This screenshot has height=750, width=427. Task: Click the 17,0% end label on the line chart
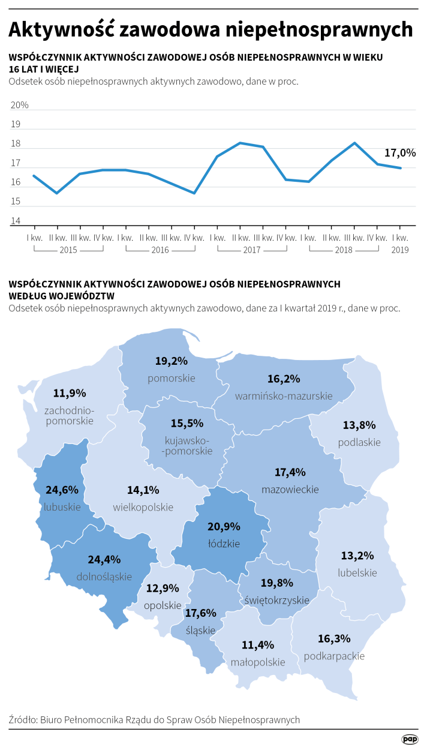coord(399,153)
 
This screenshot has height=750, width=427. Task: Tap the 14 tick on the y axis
coord(16,221)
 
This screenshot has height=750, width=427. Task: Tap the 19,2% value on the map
coord(172,361)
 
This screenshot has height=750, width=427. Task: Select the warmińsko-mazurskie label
coord(284,396)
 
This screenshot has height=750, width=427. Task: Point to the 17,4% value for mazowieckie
coord(290,472)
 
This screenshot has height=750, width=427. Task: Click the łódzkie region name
coord(224,544)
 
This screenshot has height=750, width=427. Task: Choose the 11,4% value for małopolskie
coord(257,645)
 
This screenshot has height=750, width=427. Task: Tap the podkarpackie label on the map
coord(334,656)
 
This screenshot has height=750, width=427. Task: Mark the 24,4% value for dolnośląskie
coord(104,559)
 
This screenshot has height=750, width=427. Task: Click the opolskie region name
coord(163,605)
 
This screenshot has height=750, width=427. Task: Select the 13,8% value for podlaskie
coord(359,425)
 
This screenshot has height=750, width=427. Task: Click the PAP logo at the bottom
coord(410,739)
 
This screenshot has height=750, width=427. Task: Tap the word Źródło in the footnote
coord(22,719)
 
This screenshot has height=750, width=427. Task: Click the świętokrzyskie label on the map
coord(277,599)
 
